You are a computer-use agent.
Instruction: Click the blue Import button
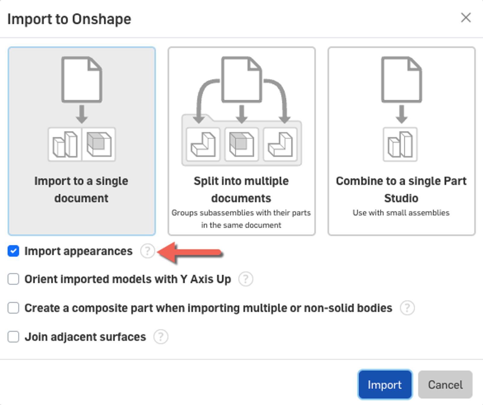[x=385, y=384]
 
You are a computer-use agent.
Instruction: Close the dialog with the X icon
[x=466, y=18]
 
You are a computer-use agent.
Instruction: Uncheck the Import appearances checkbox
[x=13, y=251]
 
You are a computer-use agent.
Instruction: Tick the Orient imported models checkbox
[x=13, y=279]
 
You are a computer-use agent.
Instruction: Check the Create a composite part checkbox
[x=13, y=308]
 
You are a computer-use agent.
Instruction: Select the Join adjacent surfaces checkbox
[x=13, y=337]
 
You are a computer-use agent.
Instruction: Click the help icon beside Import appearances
[x=147, y=251]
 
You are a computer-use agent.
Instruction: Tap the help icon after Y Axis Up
[x=246, y=279]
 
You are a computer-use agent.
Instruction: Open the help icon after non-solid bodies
[x=407, y=308]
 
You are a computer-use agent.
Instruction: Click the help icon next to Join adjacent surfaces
[x=161, y=337]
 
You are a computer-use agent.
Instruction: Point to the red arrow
[x=190, y=252]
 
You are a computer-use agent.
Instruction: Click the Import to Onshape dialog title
[x=69, y=19]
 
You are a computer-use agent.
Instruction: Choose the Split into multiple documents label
[x=241, y=189]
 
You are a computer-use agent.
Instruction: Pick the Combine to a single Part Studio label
[x=401, y=189]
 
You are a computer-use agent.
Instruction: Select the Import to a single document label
[x=81, y=189]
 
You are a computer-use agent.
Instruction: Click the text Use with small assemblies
[x=401, y=213]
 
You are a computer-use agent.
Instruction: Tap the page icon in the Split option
[x=241, y=80]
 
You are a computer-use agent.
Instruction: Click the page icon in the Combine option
[x=401, y=80]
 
